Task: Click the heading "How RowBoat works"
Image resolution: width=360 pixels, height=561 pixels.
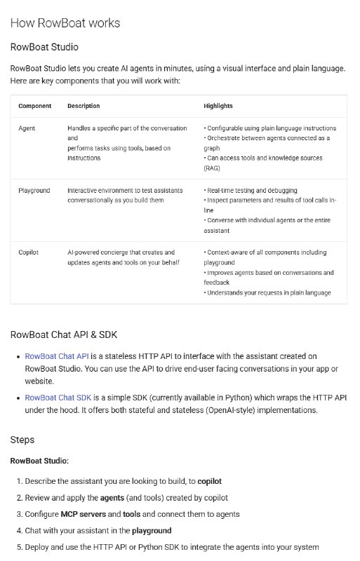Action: coord(65,23)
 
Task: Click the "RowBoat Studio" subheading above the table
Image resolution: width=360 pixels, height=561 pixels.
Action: coord(44,47)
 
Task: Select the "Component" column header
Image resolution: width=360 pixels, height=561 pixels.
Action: coord(34,106)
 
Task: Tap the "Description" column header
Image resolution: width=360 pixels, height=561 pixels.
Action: coord(84,106)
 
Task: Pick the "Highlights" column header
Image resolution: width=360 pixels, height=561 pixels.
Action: coord(218,106)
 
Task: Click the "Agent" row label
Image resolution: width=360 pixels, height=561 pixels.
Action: coord(27,128)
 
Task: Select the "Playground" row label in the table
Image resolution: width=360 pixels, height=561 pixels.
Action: coord(34,190)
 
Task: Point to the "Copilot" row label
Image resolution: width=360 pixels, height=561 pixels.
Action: coord(29,252)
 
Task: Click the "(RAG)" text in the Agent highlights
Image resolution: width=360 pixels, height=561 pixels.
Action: coord(212,168)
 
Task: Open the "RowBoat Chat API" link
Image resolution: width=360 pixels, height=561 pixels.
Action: coord(57,357)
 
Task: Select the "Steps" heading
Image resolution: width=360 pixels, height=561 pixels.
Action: coord(22,440)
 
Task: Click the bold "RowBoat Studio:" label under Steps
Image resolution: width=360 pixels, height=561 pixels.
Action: coord(39,461)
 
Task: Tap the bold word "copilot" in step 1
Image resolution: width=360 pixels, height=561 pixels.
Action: coord(210,482)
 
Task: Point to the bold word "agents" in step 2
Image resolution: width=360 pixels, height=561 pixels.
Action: coord(112,498)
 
